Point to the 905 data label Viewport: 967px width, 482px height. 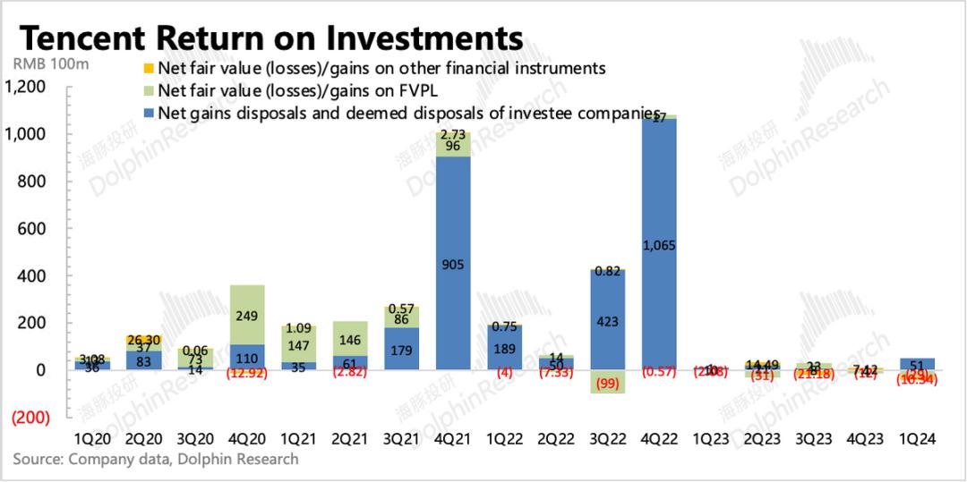pos(453,264)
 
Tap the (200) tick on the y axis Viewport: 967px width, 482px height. pos(32,418)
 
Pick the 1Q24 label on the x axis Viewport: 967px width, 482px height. pos(919,439)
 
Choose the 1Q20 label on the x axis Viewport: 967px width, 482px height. pos(92,439)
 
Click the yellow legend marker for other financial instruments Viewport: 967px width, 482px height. pos(149,68)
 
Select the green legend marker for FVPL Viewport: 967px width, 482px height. pos(149,90)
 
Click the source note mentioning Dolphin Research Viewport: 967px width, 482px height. pos(156,459)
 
